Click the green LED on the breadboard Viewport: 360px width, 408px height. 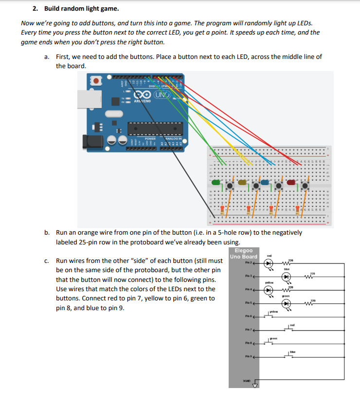click(216, 184)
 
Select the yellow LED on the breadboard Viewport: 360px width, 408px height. click(242, 183)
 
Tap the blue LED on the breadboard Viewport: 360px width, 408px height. click(265, 183)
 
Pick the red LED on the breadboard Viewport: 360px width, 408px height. click(291, 183)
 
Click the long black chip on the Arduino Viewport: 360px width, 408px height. click(155, 128)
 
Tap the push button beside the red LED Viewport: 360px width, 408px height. click(305, 186)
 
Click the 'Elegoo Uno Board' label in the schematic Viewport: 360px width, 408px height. click(243, 254)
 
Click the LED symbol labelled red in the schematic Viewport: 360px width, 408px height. click(269, 263)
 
